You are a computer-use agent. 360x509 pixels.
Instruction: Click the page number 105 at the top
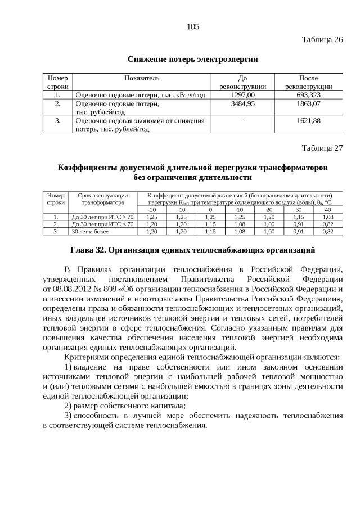click(193, 26)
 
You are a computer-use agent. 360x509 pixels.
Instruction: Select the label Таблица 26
click(322, 40)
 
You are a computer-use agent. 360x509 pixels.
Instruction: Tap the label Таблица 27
click(322, 148)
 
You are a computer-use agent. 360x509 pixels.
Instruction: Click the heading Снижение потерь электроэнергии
click(192, 59)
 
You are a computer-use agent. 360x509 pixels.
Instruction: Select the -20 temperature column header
click(152, 209)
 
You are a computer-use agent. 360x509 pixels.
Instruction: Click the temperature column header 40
click(327, 209)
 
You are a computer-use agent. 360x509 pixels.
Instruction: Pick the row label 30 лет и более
click(89, 231)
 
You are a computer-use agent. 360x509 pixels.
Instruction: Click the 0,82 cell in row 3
click(327, 231)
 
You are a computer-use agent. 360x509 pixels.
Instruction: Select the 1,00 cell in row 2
click(269, 223)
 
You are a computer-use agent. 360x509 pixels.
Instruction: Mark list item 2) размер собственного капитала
click(125, 405)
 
